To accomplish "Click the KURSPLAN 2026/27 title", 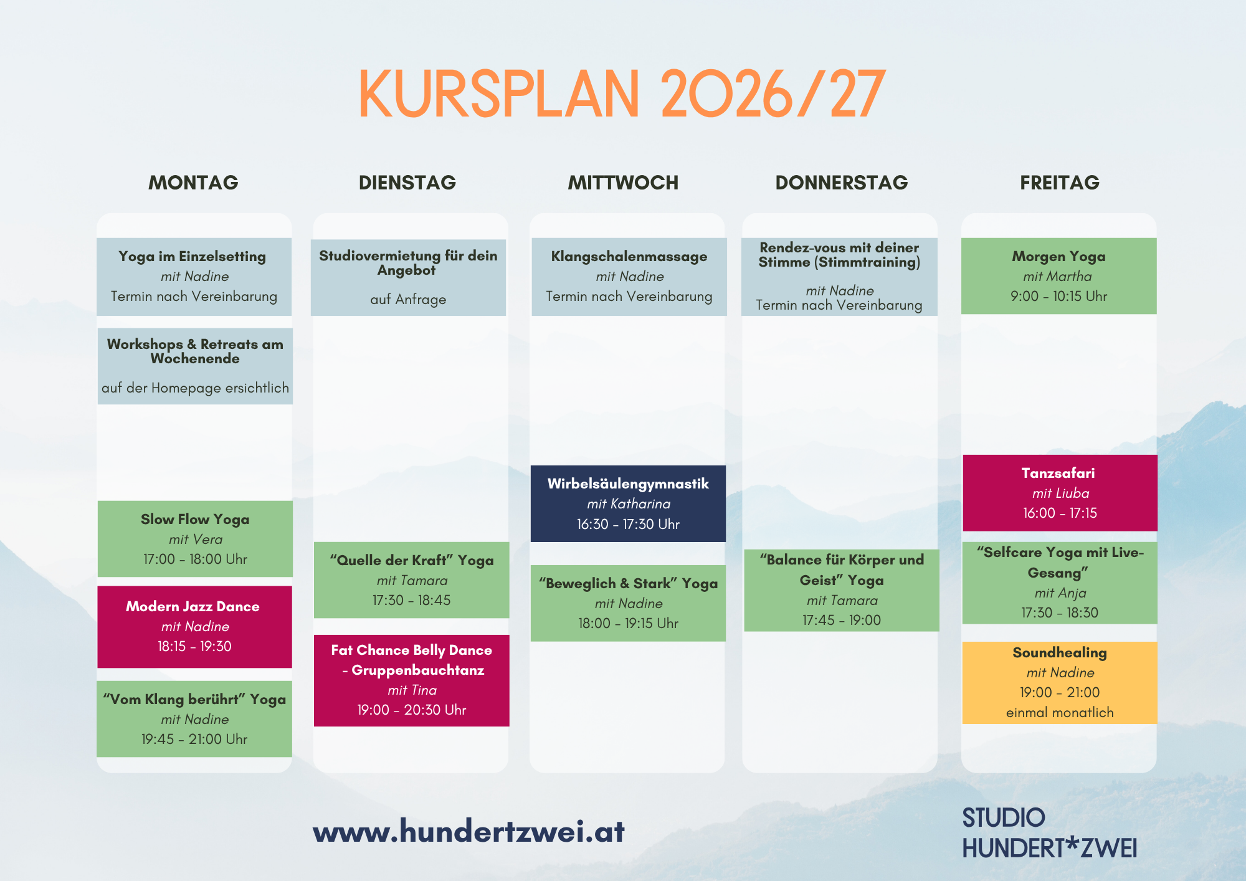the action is point(622,94).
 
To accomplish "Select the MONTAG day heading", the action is point(193,183).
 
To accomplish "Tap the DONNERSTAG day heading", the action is point(841,183).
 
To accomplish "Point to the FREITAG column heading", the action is point(1059,183).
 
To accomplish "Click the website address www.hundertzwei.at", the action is point(468,831).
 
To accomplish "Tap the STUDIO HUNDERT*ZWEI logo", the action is point(1050,833).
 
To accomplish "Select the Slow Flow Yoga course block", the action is point(195,539).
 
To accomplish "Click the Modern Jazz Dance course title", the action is point(193,606).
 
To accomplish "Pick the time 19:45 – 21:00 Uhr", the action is point(194,739).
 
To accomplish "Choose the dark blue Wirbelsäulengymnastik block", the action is point(628,503).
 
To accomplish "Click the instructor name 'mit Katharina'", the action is point(629,503).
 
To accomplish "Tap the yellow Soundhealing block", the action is point(1060,683).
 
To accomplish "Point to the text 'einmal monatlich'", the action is point(1060,712).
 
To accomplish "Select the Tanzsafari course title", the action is point(1058,473).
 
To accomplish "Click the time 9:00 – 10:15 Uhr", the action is point(1059,296).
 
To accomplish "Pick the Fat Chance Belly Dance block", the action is point(412,680).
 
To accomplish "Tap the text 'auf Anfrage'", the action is point(408,299).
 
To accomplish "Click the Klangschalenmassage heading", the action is point(629,256).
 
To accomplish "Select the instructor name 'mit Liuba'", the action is point(1060,493).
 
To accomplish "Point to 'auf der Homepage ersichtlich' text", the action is point(195,388).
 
